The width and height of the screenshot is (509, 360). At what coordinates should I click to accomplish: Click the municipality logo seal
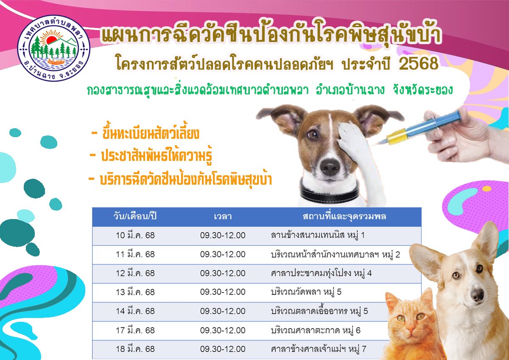coord(53,48)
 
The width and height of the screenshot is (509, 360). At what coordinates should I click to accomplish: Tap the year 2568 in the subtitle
coord(418,64)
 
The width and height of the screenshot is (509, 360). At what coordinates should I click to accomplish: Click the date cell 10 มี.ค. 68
coord(135,235)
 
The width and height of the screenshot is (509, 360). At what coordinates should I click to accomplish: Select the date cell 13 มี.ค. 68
coord(135,292)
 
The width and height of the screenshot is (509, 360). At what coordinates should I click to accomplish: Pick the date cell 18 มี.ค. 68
coord(135,349)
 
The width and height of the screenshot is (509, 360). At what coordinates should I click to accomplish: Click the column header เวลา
coord(223,216)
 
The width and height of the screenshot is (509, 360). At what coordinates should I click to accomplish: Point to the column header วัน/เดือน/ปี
coord(135,216)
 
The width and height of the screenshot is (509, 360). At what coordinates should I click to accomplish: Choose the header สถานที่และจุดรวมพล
coord(344,216)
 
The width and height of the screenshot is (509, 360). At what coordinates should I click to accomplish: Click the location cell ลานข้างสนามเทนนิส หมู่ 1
coord(317,235)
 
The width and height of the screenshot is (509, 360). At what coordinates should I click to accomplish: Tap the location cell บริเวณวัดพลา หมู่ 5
coord(306,292)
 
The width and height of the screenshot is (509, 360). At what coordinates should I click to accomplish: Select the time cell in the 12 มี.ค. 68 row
coord(223,273)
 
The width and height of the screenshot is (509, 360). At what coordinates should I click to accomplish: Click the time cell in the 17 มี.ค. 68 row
coord(223,330)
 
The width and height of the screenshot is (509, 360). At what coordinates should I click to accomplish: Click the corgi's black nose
coord(478,295)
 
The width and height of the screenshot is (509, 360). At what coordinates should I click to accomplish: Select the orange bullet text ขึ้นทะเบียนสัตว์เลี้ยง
coord(151,134)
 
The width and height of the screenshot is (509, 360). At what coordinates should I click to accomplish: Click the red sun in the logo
coord(52,39)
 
